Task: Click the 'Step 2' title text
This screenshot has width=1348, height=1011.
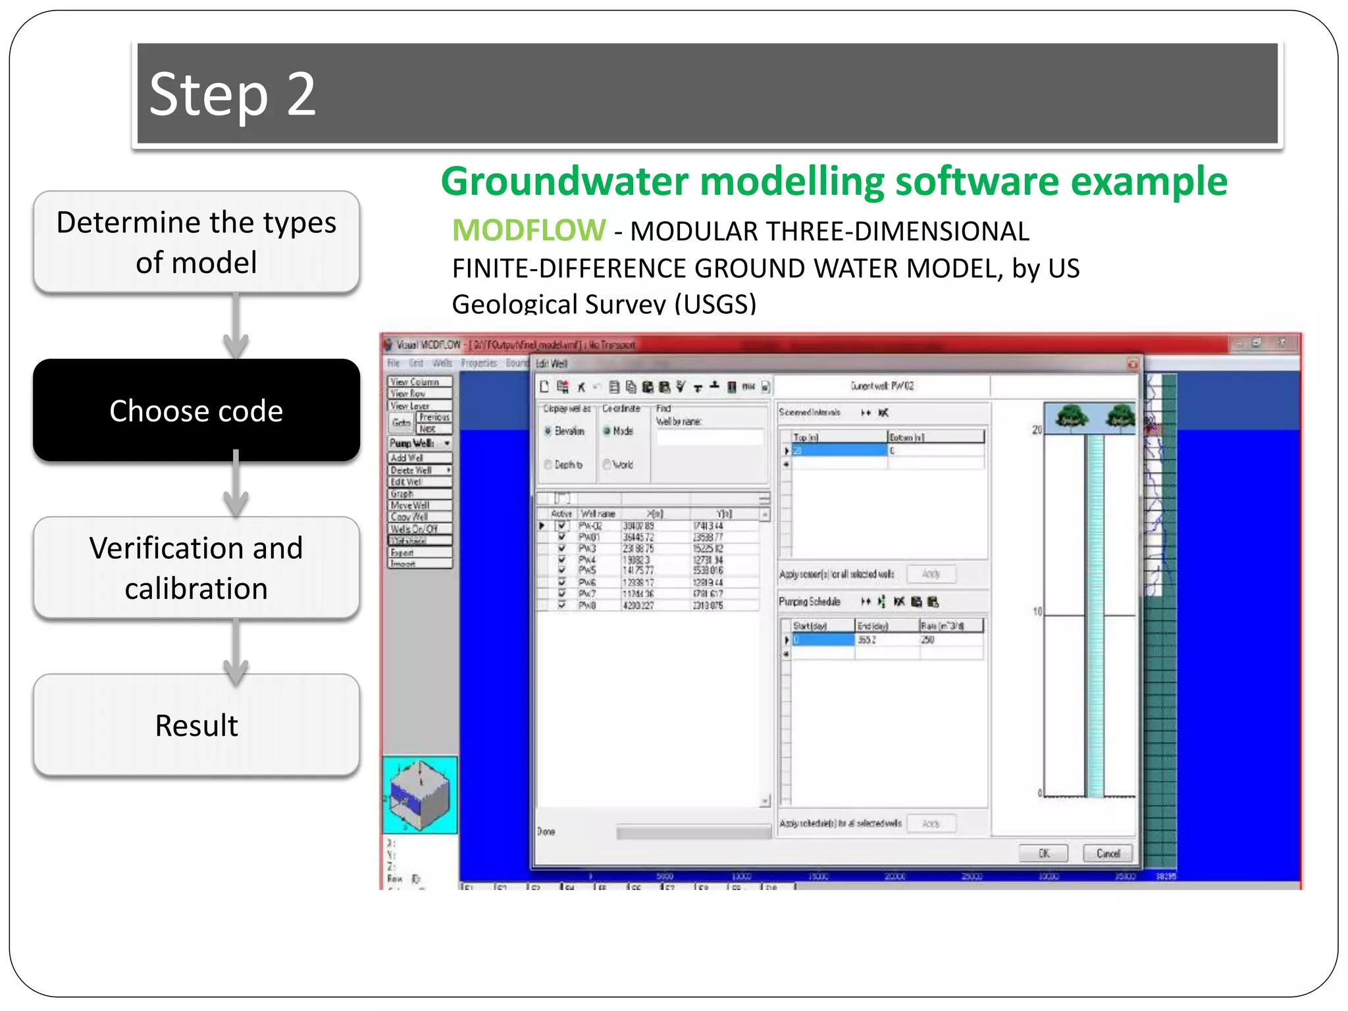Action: coord(232,94)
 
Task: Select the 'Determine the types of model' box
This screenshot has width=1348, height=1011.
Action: coord(196,242)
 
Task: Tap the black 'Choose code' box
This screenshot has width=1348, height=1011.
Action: coord(196,410)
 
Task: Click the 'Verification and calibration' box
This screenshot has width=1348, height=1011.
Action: coord(196,567)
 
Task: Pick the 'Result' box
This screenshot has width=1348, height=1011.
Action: coord(196,725)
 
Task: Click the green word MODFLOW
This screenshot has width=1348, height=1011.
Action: coord(529,230)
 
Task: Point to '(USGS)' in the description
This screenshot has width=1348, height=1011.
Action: coord(715,303)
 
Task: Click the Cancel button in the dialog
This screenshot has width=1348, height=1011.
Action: coord(1108,853)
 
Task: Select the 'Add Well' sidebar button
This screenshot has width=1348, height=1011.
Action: coord(419,457)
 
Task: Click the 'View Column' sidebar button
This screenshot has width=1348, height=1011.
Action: coord(419,382)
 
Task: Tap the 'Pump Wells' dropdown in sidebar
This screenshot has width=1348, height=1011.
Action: coord(419,443)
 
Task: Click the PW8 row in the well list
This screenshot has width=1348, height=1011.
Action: coord(587,606)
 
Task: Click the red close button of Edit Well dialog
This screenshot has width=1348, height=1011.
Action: coord(1132,363)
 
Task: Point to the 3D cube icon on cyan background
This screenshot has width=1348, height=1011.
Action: coord(419,794)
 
